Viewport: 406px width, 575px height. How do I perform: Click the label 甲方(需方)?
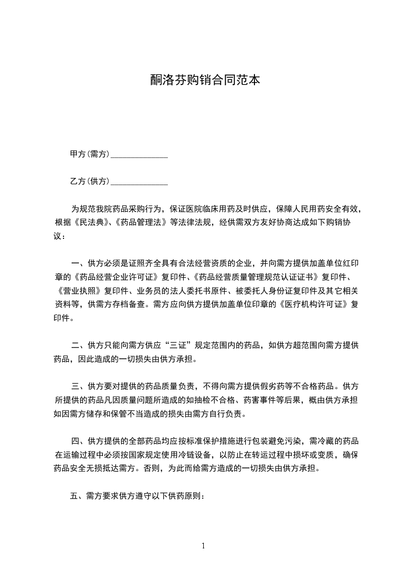tap(90, 154)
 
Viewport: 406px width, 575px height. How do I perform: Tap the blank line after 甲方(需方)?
tap(139, 155)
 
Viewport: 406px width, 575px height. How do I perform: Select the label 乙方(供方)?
tap(90, 181)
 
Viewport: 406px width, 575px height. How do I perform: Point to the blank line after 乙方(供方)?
tap(139, 182)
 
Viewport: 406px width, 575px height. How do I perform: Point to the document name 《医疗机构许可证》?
tap(313, 304)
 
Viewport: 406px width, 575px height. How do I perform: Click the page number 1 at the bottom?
tap(203, 545)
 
